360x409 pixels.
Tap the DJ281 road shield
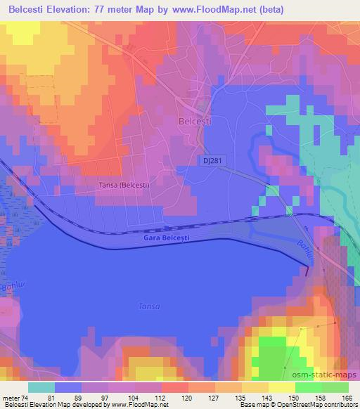206,161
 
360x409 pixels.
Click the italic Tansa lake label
149,306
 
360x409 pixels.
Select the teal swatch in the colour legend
41,387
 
